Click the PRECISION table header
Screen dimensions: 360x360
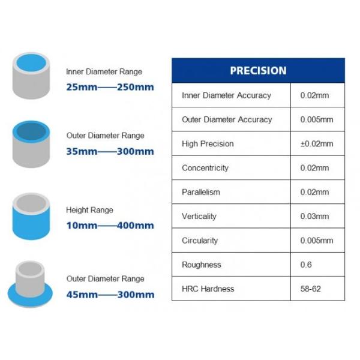[258, 70]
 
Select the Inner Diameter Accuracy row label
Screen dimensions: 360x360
[226, 95]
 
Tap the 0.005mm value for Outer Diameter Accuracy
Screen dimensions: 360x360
[316, 119]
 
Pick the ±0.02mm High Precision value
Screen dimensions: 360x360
[316, 144]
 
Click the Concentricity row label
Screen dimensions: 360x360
[205, 168]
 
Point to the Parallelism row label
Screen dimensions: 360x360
[201, 192]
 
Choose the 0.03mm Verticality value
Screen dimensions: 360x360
[314, 216]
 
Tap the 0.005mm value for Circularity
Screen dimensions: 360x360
[316, 241]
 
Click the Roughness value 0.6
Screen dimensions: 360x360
[305, 265]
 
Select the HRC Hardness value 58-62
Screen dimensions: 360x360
[310, 289]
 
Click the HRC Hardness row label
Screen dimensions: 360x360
[208, 289]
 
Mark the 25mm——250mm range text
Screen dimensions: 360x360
[110, 87]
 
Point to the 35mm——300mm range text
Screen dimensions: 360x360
[110, 151]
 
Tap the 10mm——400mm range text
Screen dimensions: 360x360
[110, 226]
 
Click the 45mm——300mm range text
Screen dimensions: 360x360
[110, 295]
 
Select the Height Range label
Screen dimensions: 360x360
[89, 211]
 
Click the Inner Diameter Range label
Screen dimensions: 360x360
[104, 72]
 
